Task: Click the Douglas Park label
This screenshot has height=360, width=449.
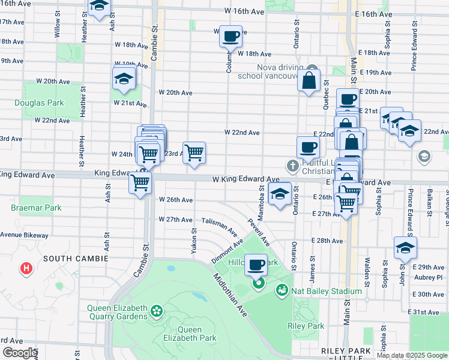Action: tap(40, 103)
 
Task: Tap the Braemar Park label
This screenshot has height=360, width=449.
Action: tap(36, 208)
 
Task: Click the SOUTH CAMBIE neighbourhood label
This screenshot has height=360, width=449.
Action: tap(75, 259)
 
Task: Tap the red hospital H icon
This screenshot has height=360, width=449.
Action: tap(26, 268)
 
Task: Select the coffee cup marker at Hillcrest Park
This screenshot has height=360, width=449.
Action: tap(256, 264)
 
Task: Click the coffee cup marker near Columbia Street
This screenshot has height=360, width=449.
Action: tap(231, 37)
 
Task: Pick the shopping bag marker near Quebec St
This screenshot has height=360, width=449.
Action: tap(309, 80)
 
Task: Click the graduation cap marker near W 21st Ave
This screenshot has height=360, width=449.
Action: tap(124, 79)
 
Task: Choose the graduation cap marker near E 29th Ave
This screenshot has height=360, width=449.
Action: tap(405, 247)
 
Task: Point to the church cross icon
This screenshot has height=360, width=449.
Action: tap(292, 165)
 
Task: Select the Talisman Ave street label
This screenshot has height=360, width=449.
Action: tap(219, 226)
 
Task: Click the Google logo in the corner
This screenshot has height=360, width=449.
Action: tap(20, 353)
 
